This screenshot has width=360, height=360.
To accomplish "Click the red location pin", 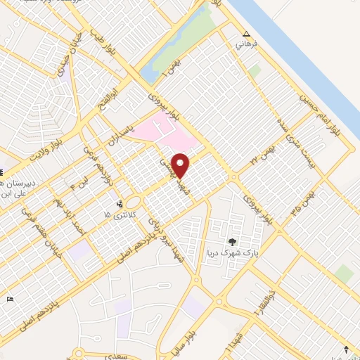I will [181, 165].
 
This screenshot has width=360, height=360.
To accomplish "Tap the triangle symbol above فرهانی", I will [246, 34].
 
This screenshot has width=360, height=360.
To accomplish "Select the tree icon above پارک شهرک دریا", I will [233, 243].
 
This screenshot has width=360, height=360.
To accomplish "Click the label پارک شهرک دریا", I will [224, 252].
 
